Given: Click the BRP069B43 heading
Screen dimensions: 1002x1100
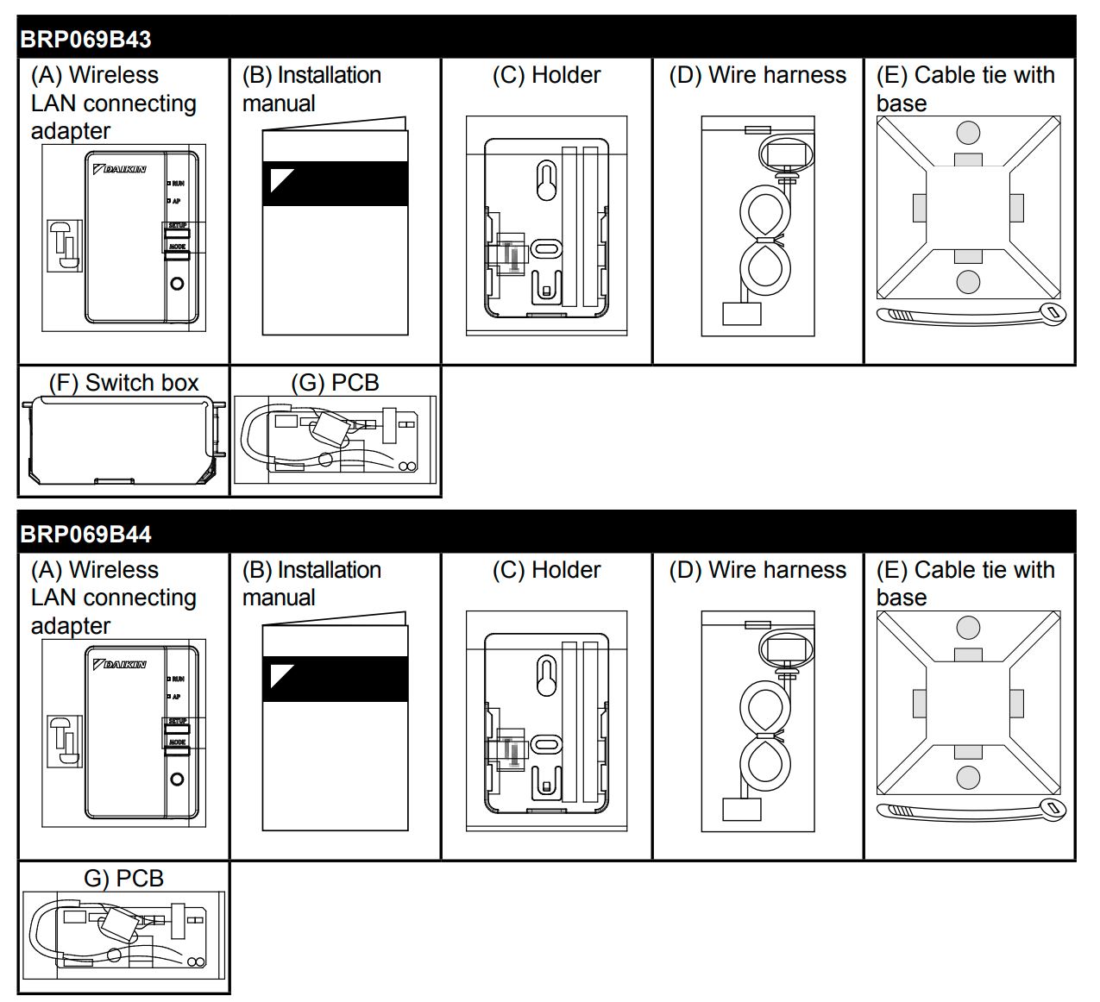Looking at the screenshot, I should (x=85, y=40).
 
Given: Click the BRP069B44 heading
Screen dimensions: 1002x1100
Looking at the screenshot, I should (x=85, y=535).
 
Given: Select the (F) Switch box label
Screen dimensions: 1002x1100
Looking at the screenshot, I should (x=123, y=383).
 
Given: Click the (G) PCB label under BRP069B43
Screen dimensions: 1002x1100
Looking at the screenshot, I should (x=336, y=383).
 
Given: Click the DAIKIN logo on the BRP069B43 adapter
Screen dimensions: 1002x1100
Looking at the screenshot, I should (x=120, y=169).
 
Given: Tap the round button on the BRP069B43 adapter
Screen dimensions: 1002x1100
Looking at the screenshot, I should (x=177, y=284).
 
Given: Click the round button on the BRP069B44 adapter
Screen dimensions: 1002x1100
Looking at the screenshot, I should (x=177, y=779).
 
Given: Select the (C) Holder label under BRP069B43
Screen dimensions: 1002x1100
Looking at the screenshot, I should (x=546, y=76).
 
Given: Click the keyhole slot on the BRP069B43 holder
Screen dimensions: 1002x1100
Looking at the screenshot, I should (x=546, y=180).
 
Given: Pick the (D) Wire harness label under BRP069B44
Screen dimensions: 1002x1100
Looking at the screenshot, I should (x=757, y=571).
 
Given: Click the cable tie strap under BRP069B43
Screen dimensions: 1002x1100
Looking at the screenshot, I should (x=971, y=314).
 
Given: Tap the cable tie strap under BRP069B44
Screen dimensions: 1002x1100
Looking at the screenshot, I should (x=971, y=810).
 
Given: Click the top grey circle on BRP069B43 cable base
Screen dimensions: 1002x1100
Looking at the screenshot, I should (x=968, y=133).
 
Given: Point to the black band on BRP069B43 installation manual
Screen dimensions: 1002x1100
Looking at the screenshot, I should (x=335, y=184).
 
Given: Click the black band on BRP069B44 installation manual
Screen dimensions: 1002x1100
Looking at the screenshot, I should (x=335, y=679).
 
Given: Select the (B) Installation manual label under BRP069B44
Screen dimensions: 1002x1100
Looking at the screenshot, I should (x=311, y=584).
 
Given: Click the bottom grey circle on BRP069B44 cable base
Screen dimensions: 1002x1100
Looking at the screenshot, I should (x=968, y=777).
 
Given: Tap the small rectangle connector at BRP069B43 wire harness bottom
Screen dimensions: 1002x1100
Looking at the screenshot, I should (x=741, y=313).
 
